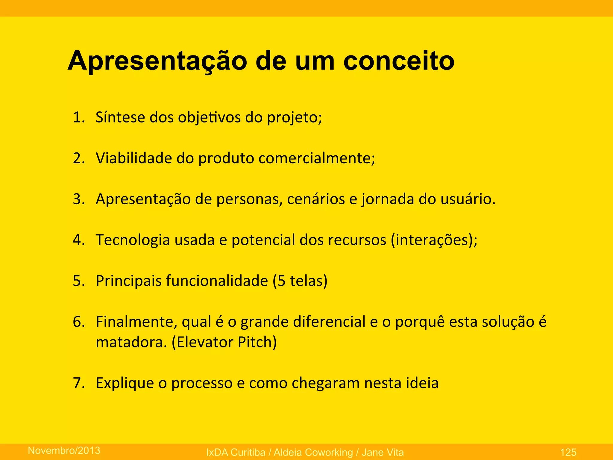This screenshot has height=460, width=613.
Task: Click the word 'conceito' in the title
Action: click(399, 61)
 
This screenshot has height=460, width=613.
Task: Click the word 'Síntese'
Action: click(120, 117)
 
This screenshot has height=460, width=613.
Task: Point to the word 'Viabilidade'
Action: click(134, 158)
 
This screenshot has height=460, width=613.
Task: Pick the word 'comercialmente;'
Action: click(317, 158)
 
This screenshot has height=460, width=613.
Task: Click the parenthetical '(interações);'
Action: click(434, 240)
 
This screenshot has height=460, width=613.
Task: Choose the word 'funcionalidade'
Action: click(217, 281)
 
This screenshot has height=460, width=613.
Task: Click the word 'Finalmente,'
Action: click(136, 322)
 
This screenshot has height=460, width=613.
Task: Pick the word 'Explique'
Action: click(125, 383)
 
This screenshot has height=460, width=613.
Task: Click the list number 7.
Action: click(78, 383)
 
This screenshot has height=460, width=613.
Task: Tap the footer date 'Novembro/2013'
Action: click(64, 450)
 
